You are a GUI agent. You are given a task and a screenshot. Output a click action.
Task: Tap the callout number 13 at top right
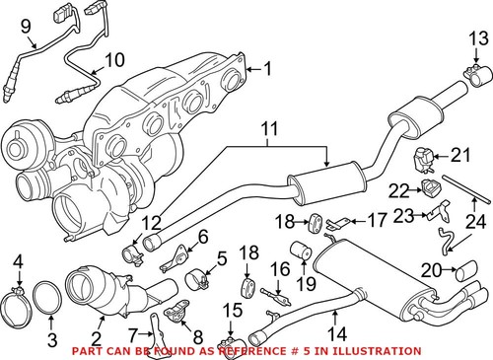tap(477, 38)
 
